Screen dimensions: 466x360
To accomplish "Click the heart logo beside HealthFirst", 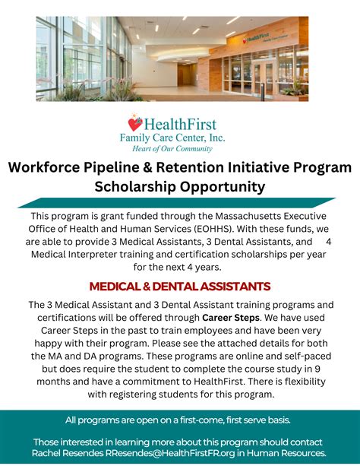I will click(135, 123).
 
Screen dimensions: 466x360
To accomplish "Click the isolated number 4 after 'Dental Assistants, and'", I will click(329, 242).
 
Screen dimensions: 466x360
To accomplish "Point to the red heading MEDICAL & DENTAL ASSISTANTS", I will click(180, 287).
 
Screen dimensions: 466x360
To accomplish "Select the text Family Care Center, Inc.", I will click(172, 138).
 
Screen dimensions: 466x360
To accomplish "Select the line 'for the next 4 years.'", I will click(180, 267).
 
